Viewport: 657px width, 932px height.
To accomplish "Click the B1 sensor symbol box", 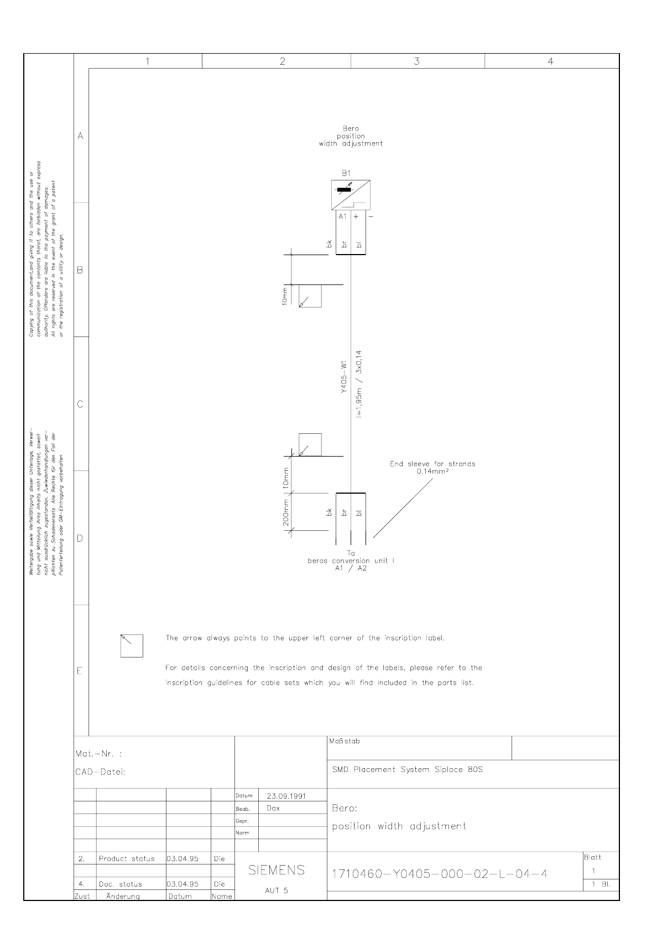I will pyautogui.click(x=351, y=195).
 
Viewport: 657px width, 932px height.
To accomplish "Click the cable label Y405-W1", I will pyautogui.click(x=343, y=378).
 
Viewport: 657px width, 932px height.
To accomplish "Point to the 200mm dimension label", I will pyautogui.click(x=286, y=512).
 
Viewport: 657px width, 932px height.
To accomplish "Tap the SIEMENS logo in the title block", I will pyautogui.click(x=277, y=870).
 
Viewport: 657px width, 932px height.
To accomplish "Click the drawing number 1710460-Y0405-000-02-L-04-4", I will pyautogui.click(x=440, y=874).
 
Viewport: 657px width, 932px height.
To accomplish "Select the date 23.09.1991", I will pyautogui.click(x=286, y=796).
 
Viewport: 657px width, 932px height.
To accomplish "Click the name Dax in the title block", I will pyautogui.click(x=273, y=808).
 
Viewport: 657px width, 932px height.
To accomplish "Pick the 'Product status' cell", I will pyautogui.click(x=127, y=859).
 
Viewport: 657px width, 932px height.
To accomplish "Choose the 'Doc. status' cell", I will pyautogui.click(x=120, y=884).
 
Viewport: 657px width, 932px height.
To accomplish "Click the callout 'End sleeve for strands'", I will pyautogui.click(x=432, y=464).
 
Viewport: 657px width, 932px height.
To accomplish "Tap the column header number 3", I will pyautogui.click(x=417, y=61).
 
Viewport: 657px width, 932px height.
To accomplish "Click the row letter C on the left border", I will pyautogui.click(x=80, y=404).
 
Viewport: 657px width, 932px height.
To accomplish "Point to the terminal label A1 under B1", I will pyautogui.click(x=342, y=216).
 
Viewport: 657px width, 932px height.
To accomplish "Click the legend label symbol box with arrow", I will pyautogui.click(x=132, y=645).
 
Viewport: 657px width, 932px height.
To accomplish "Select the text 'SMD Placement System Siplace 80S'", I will pyautogui.click(x=407, y=769).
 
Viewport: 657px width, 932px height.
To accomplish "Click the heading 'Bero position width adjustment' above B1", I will pyautogui.click(x=351, y=136).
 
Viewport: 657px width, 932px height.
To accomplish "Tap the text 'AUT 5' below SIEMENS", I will pyautogui.click(x=276, y=890).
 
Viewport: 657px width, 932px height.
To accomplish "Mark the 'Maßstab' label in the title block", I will pyautogui.click(x=344, y=741).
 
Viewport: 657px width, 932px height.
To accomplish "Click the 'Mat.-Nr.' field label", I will pyautogui.click(x=98, y=754).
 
